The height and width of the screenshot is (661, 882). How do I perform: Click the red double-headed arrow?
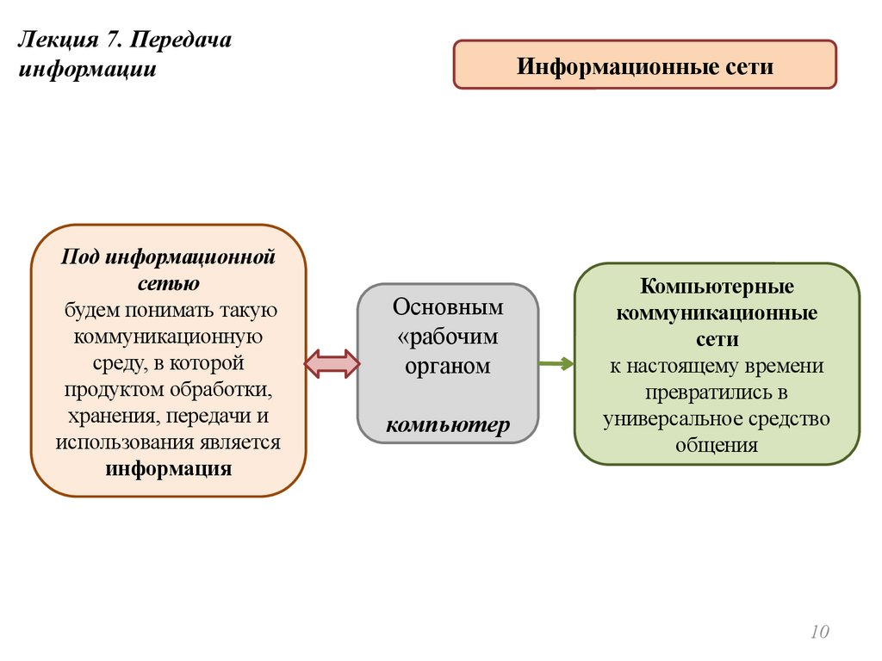[332, 363]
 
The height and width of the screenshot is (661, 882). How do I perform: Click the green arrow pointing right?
[556, 363]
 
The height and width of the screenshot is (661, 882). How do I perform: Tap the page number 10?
[818, 633]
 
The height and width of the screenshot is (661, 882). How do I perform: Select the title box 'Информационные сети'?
[644, 65]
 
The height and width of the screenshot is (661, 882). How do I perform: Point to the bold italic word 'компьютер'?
[448, 425]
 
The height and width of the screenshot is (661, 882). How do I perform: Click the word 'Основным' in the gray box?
[448, 307]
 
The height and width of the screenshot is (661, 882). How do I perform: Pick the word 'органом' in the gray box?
[448, 366]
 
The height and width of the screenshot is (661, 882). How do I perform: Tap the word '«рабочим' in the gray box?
[448, 337]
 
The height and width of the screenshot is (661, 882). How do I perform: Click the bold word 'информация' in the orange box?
[169, 469]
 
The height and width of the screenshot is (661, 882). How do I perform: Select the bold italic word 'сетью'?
[169, 282]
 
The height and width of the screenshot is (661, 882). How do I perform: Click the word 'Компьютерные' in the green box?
[717, 285]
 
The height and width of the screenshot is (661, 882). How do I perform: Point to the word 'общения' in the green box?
[717, 446]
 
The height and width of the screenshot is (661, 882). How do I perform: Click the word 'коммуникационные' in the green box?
[717, 312]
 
